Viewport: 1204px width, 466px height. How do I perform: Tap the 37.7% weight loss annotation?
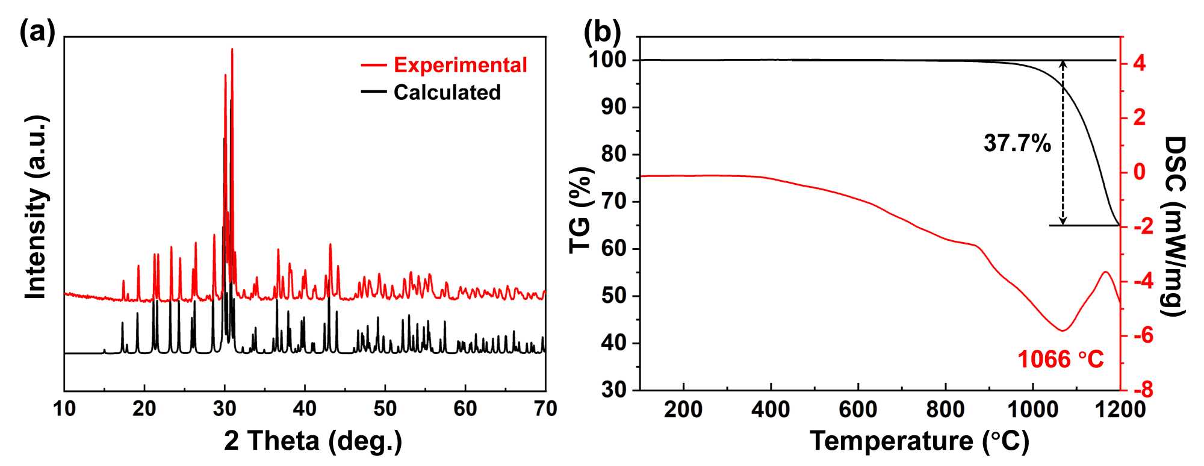pos(1017,143)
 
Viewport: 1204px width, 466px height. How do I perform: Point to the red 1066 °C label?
pos(1061,359)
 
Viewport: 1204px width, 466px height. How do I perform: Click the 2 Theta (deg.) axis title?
pos(313,441)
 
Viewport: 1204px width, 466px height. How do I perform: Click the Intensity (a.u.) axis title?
pos(36,208)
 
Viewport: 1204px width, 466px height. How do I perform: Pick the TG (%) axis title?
pos(582,211)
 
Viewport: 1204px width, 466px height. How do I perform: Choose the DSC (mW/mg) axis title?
pos(1174,226)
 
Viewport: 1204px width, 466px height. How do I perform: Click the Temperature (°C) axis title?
pos(919,441)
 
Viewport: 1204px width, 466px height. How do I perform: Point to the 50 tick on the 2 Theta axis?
pos(385,409)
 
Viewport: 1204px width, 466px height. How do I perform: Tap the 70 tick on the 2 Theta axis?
pos(545,409)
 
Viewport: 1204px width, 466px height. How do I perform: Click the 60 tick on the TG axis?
pos(614,249)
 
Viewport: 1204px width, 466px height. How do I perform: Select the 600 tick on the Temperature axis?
pos(858,409)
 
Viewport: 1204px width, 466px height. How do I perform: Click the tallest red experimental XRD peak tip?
pos(232,49)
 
